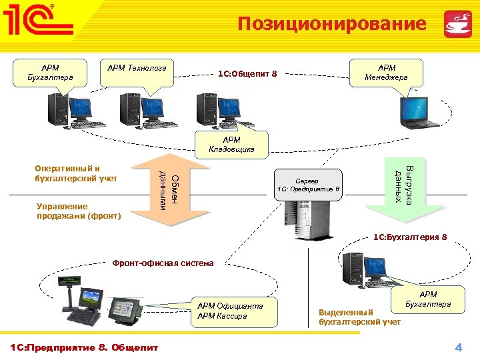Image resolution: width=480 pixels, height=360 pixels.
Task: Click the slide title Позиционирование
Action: click(x=332, y=24)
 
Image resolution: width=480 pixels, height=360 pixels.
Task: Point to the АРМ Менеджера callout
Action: click(x=387, y=72)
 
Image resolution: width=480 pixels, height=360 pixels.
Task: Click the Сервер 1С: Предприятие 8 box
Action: click(x=308, y=185)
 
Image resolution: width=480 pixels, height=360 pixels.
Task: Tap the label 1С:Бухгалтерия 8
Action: click(x=409, y=237)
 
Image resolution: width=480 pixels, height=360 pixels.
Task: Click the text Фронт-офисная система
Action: click(x=163, y=263)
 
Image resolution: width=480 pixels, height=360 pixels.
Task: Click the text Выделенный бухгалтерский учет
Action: click(x=359, y=317)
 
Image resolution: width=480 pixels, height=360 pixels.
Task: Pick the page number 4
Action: click(x=458, y=347)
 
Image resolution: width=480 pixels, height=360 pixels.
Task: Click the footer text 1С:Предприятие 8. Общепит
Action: click(x=83, y=347)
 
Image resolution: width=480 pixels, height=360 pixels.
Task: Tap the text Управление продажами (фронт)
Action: click(x=79, y=211)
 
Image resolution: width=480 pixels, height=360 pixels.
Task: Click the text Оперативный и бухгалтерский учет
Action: click(x=76, y=173)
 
